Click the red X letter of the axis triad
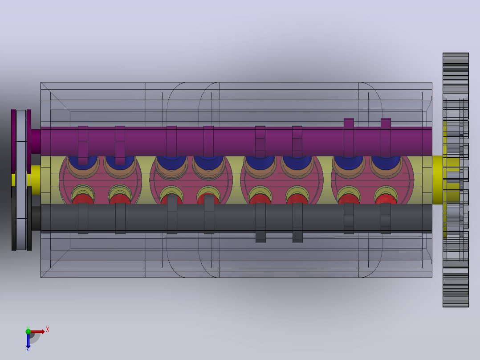[x=48, y=330]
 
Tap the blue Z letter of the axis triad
[x=28, y=349]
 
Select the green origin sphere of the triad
[x=28, y=331]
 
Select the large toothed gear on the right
[x=456, y=180]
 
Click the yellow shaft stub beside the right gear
[x=437, y=180]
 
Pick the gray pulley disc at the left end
[x=21, y=180]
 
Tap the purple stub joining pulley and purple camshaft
[x=36, y=141]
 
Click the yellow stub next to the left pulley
[x=36, y=180]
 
